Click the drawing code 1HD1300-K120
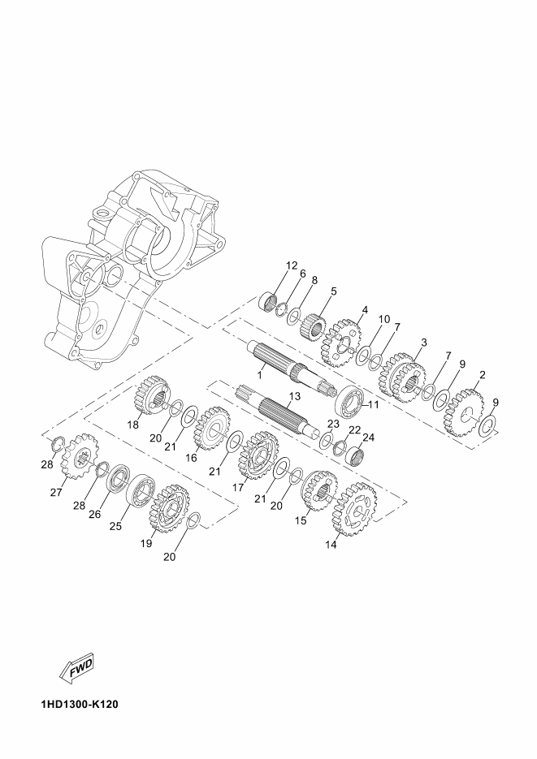[80, 704]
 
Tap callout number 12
[292, 265]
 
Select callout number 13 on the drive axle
[295, 396]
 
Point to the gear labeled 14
[354, 509]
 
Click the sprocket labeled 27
[80, 456]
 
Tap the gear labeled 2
[464, 412]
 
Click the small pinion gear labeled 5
[314, 327]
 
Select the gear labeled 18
[150, 397]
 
